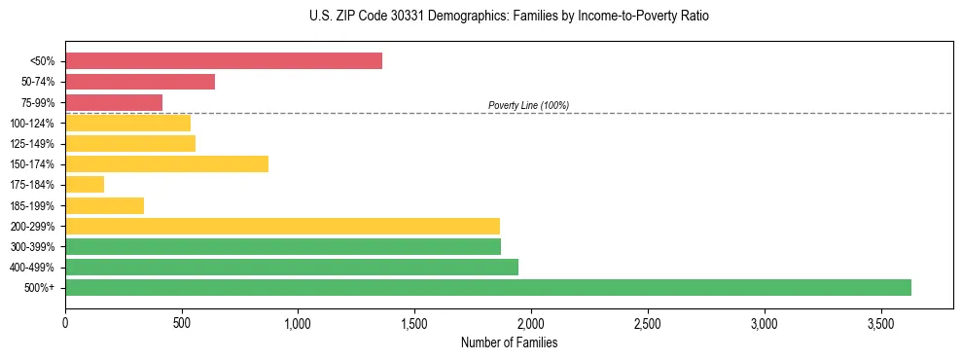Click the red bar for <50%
(224, 61)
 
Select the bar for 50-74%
(140, 82)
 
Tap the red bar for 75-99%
(114, 102)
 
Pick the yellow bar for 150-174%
(166, 163)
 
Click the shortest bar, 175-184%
(85, 185)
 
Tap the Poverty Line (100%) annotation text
(528, 105)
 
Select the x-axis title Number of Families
(509, 342)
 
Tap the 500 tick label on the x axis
(182, 321)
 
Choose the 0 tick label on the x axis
(65, 321)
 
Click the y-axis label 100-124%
(32, 124)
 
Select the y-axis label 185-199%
(32, 205)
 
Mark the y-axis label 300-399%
(32, 247)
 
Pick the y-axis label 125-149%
(32, 144)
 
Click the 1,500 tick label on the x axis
(414, 321)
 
